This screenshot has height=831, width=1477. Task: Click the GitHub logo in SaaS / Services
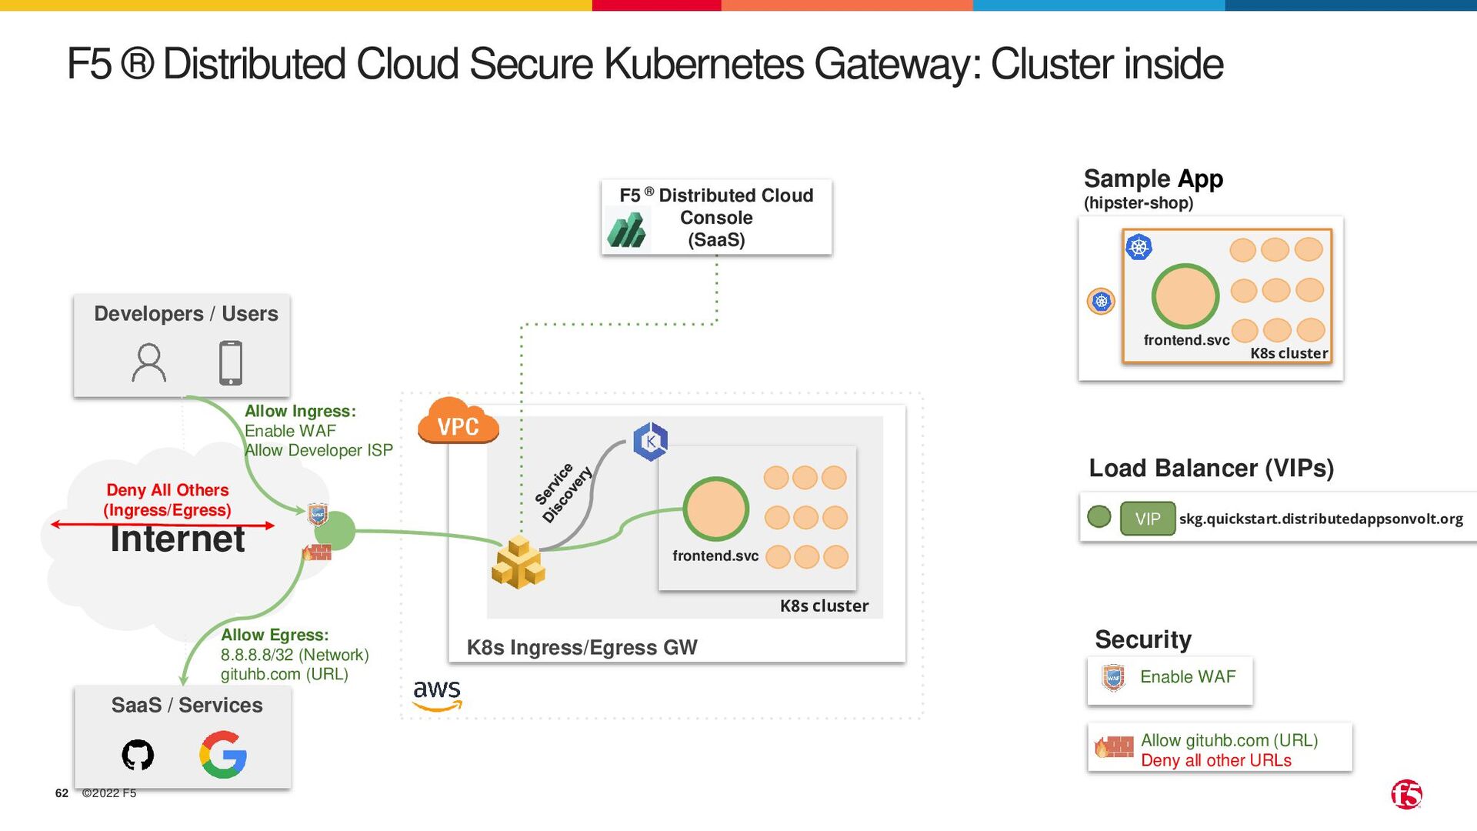[138, 755]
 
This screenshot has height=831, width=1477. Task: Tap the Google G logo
[223, 755]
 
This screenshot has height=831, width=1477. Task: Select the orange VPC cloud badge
[458, 422]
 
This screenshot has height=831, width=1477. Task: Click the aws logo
[437, 692]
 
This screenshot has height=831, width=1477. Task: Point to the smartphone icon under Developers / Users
[231, 362]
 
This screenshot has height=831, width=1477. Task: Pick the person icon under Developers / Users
[148, 363]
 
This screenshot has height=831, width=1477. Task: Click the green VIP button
[1147, 519]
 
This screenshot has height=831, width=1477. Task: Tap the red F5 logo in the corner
[1406, 794]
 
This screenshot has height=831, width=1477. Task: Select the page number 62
[62, 793]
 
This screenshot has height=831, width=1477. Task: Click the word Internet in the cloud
[178, 539]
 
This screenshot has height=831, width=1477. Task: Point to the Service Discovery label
[563, 493]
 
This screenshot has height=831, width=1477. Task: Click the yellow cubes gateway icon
[518, 563]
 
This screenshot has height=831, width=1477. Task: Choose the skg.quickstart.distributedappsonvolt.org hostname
[1321, 519]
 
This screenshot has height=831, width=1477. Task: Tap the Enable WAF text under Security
[1187, 677]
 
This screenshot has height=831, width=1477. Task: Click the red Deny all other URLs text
[1215, 760]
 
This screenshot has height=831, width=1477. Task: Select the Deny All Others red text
[167, 490]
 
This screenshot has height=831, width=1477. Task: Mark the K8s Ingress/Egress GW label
[582, 648]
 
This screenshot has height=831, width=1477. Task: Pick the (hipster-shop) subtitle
[1139, 203]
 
